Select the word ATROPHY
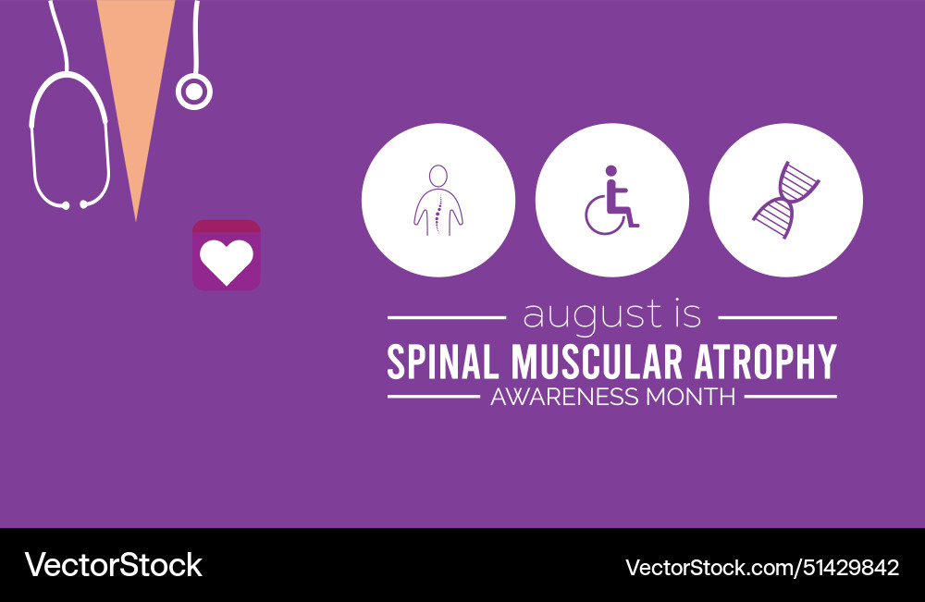(x=761, y=362)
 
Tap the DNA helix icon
(x=785, y=200)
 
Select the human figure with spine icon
(x=438, y=200)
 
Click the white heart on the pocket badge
(x=227, y=263)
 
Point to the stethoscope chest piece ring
(x=194, y=92)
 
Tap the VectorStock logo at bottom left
(x=113, y=564)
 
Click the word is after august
(x=684, y=314)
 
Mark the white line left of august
(x=447, y=317)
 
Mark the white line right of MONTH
(x=791, y=398)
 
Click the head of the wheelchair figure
(x=610, y=171)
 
